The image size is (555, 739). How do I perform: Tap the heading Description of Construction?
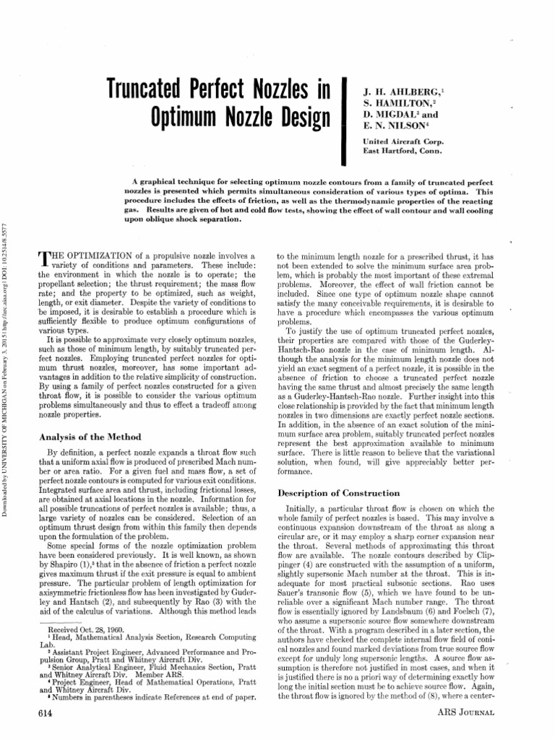[x=338, y=493]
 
